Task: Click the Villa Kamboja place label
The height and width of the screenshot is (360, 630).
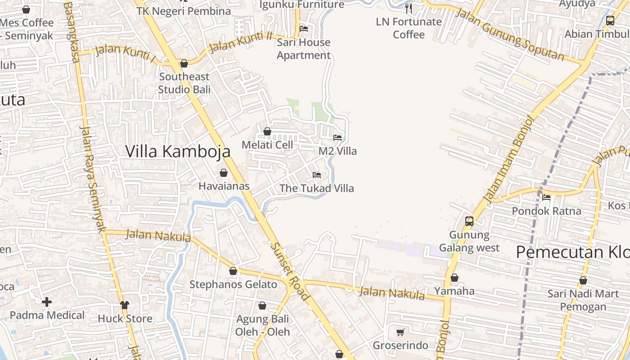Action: [178, 151]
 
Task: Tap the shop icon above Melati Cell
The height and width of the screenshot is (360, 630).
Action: [267, 131]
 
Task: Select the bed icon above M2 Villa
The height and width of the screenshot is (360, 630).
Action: [337, 137]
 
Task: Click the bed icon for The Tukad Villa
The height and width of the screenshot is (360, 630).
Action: [317, 175]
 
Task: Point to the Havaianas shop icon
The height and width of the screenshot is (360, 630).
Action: [224, 173]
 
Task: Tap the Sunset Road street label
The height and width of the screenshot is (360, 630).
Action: [290, 272]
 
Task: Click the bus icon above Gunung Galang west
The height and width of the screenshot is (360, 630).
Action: [469, 221]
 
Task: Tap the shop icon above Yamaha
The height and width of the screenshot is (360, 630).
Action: [454, 278]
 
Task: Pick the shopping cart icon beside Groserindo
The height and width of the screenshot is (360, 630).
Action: [400, 332]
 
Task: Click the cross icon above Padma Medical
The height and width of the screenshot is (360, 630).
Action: [47, 302]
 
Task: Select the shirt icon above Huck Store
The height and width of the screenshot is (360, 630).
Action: [125, 305]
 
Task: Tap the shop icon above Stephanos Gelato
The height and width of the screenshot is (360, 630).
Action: [233, 271]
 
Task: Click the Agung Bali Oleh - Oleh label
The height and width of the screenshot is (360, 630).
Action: [262, 325]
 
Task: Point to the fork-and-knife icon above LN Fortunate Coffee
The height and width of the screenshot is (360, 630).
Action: [409, 8]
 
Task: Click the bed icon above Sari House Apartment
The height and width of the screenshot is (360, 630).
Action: [304, 29]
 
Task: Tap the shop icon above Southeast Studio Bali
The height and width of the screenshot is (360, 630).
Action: [184, 63]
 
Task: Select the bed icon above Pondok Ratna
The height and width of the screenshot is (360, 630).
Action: [546, 197]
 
